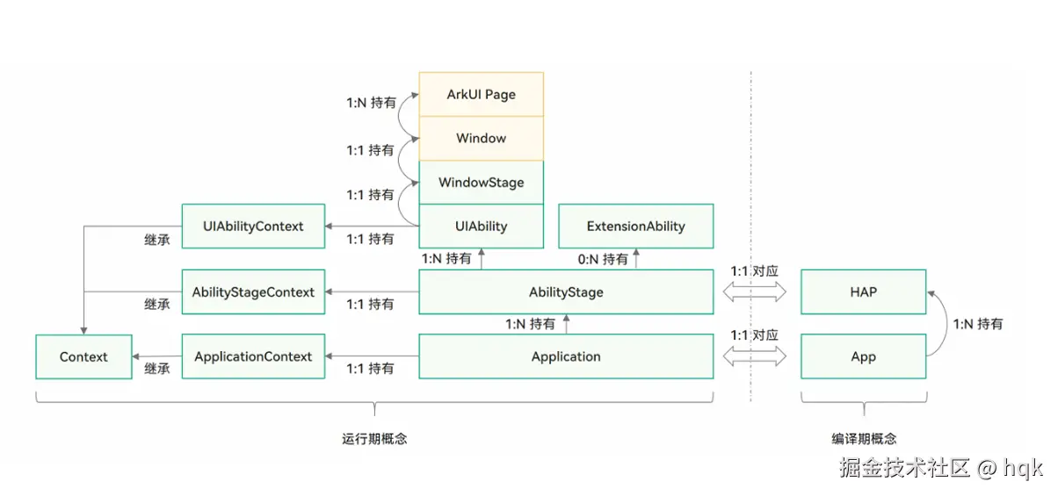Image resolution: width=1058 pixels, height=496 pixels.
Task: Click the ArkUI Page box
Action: point(481,94)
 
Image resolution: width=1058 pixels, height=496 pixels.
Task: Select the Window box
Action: point(481,138)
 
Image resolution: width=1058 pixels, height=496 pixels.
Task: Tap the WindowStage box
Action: point(481,183)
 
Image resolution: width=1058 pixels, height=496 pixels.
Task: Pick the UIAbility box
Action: point(481,226)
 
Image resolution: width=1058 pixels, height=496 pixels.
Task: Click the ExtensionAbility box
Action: point(635,226)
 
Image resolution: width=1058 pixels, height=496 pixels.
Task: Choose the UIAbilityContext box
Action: point(253,226)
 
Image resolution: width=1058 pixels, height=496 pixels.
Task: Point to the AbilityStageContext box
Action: point(253,291)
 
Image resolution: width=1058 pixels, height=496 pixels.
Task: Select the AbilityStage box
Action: point(566,291)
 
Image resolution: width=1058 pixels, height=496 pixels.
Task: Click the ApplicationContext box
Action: point(253,356)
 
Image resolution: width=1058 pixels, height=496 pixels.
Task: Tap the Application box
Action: point(566,356)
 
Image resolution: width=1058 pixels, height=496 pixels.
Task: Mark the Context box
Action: point(83,356)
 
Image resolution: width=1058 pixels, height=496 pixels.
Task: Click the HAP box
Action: point(863,291)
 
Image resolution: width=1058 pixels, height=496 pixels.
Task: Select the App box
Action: point(863,356)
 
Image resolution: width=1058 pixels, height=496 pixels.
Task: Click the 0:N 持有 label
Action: point(603,259)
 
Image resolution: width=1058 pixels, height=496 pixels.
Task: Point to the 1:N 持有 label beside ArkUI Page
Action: point(370,103)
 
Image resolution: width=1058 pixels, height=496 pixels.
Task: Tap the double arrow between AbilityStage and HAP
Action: point(754,291)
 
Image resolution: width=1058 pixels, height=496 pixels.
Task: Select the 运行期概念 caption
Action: point(374,439)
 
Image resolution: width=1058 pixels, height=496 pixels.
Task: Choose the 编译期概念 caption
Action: point(864,439)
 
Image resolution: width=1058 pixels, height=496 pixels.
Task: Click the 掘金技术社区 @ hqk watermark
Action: point(941,467)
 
